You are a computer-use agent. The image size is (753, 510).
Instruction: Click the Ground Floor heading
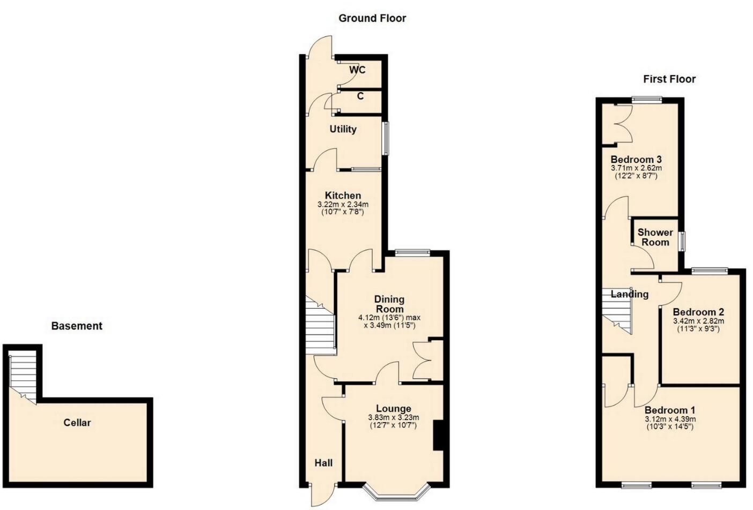coord(372,18)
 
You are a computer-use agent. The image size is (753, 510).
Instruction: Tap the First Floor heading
coord(669,79)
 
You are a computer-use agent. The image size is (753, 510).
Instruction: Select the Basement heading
coord(76,326)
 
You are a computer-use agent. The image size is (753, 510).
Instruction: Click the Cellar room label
coord(77,423)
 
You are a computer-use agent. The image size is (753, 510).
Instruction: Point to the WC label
coord(357,70)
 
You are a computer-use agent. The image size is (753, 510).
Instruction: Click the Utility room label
coord(343,129)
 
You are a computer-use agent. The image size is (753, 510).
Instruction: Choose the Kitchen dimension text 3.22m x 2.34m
coord(343,205)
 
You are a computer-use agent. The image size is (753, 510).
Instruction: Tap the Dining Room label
coord(389,304)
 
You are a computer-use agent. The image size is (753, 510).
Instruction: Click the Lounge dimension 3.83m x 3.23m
coord(393,418)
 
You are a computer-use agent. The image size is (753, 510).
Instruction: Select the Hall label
coord(323,463)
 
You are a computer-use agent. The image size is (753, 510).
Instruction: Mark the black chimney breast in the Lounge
coord(438,436)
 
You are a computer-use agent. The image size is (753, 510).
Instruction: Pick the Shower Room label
coord(655,237)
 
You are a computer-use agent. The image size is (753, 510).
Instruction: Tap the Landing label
coord(630,294)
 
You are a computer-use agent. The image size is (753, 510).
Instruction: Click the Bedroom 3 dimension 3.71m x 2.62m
coord(636,168)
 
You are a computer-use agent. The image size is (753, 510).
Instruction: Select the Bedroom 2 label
coord(698,312)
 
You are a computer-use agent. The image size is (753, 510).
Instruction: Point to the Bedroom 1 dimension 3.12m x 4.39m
coord(670,419)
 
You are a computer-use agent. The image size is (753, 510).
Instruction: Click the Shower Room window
coord(682,241)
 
